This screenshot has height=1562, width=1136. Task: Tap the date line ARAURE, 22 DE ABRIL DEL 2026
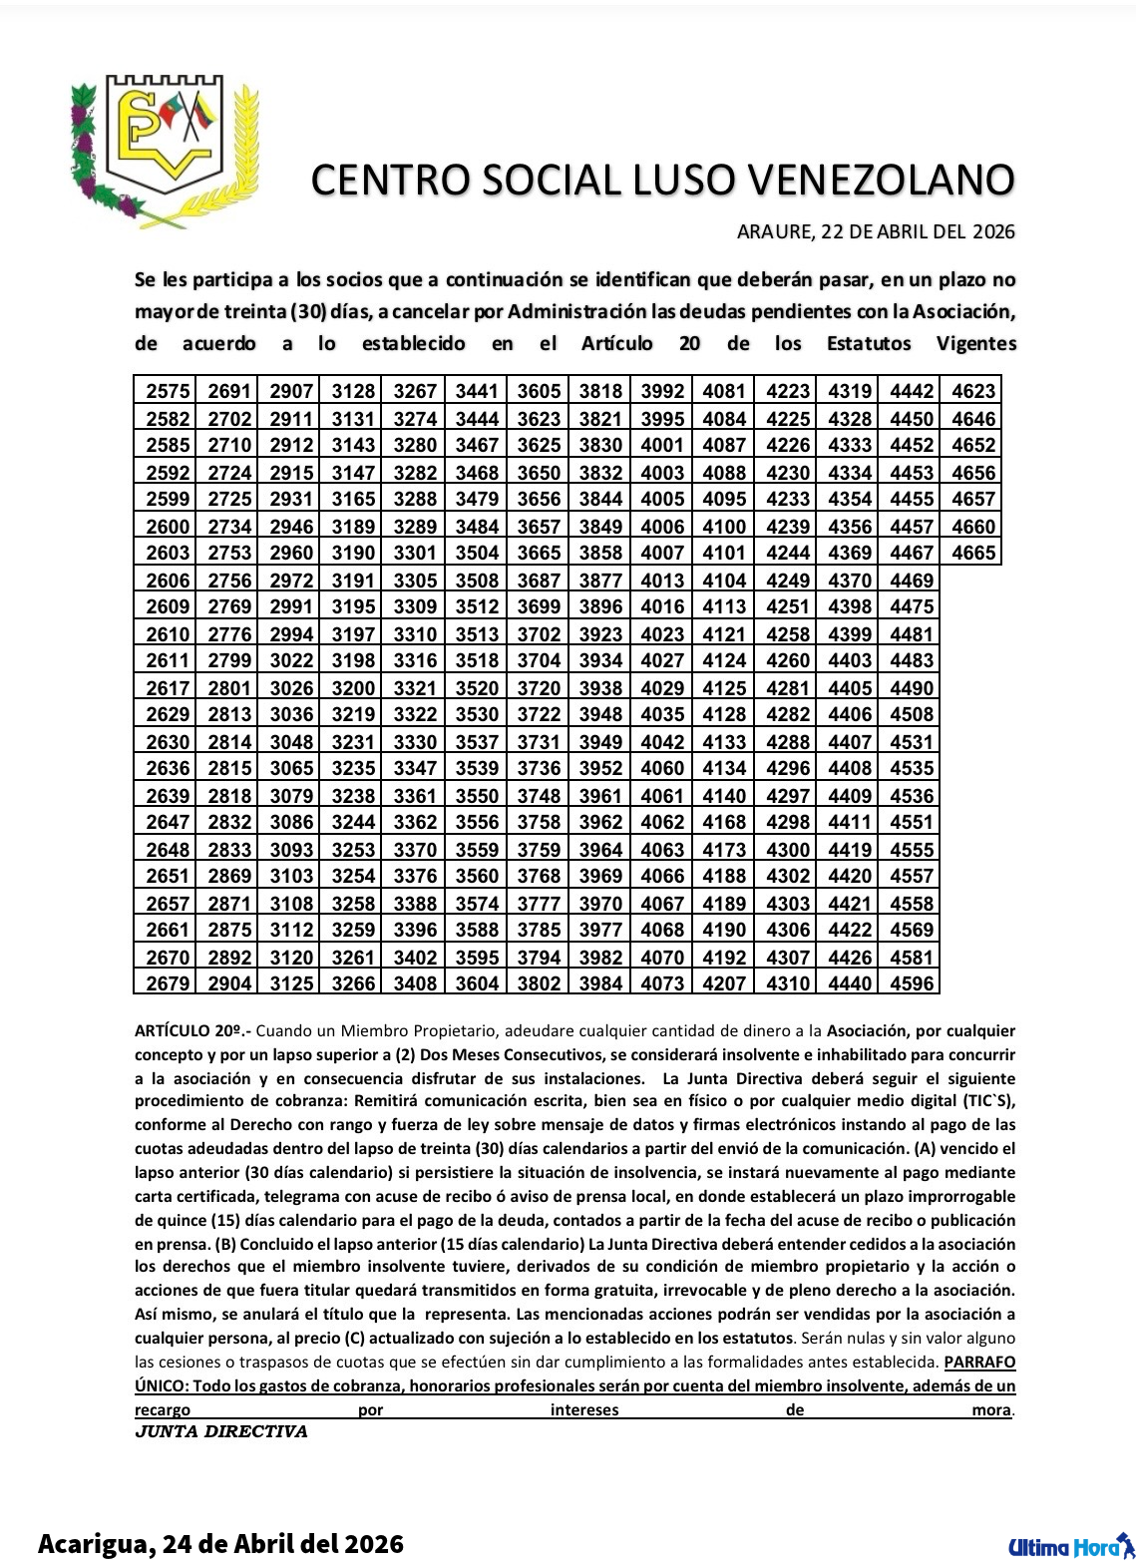(x=875, y=232)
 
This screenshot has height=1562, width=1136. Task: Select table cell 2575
(x=167, y=391)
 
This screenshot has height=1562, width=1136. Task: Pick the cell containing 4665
(x=972, y=553)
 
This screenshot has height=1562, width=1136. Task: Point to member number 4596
(x=911, y=983)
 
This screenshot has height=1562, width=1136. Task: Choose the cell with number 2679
(x=167, y=983)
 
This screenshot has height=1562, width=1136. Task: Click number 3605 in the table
(x=539, y=391)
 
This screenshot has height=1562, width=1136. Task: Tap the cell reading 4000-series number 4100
(x=724, y=527)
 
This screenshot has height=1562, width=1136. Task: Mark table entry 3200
(x=353, y=688)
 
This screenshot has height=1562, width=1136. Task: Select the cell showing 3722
(x=539, y=714)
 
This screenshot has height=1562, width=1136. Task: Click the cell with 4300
(x=787, y=850)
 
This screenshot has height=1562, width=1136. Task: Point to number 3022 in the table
(x=291, y=660)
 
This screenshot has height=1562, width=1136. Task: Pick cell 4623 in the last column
(x=972, y=391)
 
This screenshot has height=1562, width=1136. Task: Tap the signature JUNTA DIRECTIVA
(x=220, y=1432)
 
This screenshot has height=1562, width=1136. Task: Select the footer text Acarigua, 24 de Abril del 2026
(x=220, y=1544)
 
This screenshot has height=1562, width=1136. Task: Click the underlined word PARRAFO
(x=980, y=1362)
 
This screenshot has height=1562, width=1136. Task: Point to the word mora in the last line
(x=991, y=1410)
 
